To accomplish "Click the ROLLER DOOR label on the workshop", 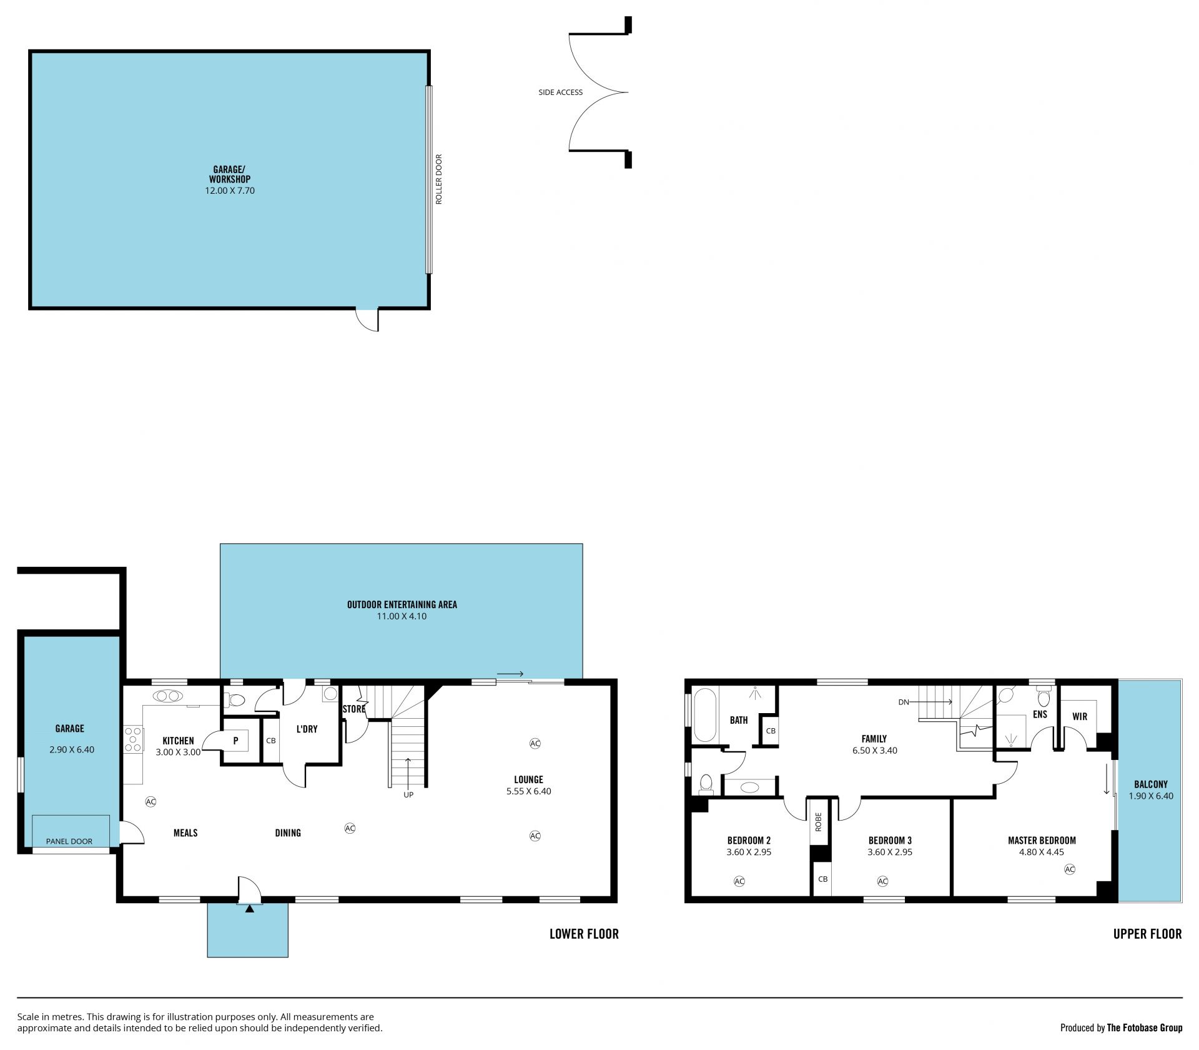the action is pyautogui.click(x=438, y=179).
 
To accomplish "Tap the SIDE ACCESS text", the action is pyautogui.click(x=560, y=92).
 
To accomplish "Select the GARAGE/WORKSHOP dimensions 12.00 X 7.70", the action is pyautogui.click(x=230, y=191).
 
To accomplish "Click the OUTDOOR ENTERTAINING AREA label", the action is pyautogui.click(x=402, y=604).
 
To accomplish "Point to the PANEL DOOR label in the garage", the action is pyautogui.click(x=69, y=841).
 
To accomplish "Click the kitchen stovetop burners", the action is pyautogui.click(x=133, y=739).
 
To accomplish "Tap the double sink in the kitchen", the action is pyautogui.click(x=167, y=696).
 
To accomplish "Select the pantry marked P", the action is pyautogui.click(x=236, y=741).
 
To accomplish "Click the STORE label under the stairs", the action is pyautogui.click(x=353, y=709).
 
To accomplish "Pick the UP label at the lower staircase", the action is pyautogui.click(x=408, y=795).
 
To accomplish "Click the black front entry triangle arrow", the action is pyautogui.click(x=250, y=909).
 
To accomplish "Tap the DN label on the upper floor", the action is pyautogui.click(x=904, y=702).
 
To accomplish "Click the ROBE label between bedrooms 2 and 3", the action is pyautogui.click(x=818, y=821).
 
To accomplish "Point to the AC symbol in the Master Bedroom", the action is pyautogui.click(x=1070, y=869).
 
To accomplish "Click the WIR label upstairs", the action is pyautogui.click(x=1080, y=717).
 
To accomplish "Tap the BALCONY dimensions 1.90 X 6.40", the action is pyautogui.click(x=1151, y=796).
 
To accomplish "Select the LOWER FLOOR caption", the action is pyautogui.click(x=584, y=934).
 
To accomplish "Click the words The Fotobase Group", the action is pyautogui.click(x=1145, y=1027).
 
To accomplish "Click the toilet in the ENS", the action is pyautogui.click(x=1044, y=696).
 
